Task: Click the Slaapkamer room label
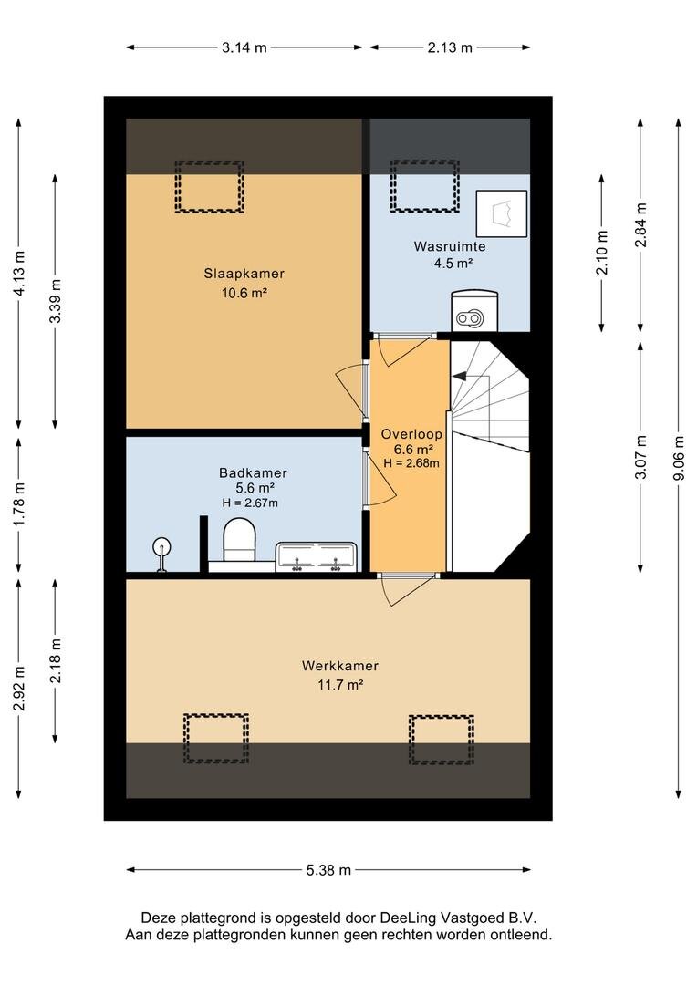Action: pyautogui.click(x=244, y=274)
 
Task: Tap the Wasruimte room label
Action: pyautogui.click(x=450, y=246)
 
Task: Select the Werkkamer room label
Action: pyautogui.click(x=340, y=666)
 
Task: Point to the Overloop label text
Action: pyautogui.click(x=411, y=434)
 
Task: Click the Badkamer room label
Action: pyautogui.click(x=253, y=473)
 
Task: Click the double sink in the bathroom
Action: pyautogui.click(x=317, y=557)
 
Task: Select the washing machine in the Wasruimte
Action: pyautogui.click(x=502, y=213)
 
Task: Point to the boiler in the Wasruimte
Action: pyautogui.click(x=474, y=310)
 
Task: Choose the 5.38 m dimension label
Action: pyautogui.click(x=328, y=870)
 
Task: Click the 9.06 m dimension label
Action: pyautogui.click(x=679, y=458)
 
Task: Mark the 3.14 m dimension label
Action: pyautogui.click(x=244, y=47)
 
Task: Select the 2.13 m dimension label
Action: pyautogui.click(x=450, y=47)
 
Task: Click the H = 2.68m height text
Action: pyautogui.click(x=411, y=463)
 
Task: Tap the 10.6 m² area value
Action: pyautogui.click(x=244, y=293)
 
